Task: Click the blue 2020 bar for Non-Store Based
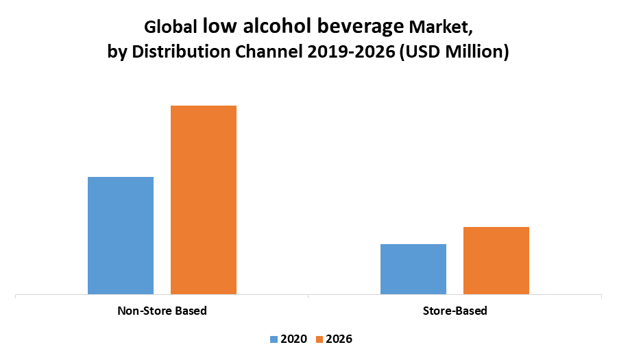121,235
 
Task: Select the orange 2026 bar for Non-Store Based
204,200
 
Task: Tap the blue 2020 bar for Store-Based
413,269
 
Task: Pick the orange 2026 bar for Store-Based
496,261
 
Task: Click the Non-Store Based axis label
162,311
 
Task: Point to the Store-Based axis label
455,311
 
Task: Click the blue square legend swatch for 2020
274,339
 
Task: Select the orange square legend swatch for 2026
319,339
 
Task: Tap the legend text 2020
294,339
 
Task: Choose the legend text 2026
339,339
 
